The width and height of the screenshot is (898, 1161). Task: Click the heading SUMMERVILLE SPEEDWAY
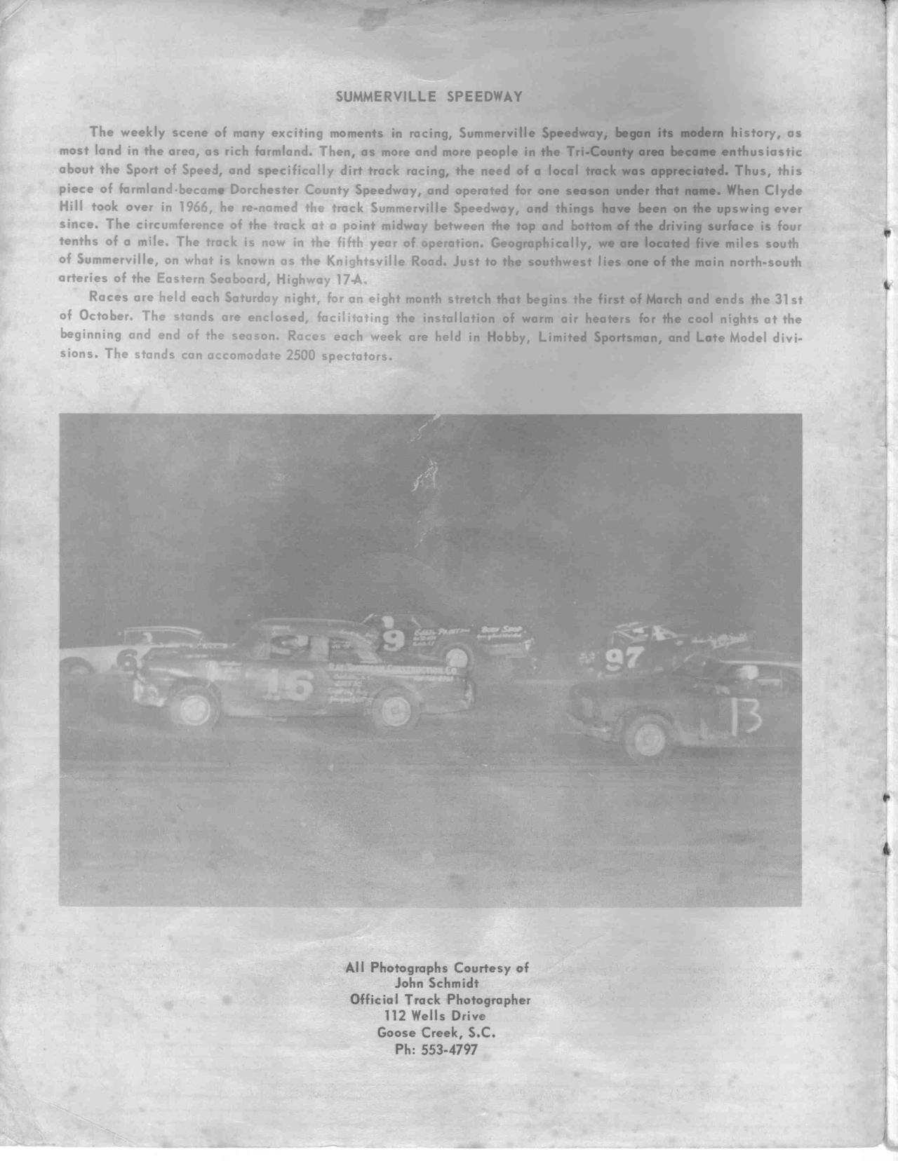[429, 97]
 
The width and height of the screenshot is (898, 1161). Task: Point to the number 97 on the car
[624, 659]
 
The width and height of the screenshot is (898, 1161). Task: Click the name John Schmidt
[436, 983]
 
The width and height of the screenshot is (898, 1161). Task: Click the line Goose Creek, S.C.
[436, 1033]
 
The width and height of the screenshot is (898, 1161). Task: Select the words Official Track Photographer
[439, 1000]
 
